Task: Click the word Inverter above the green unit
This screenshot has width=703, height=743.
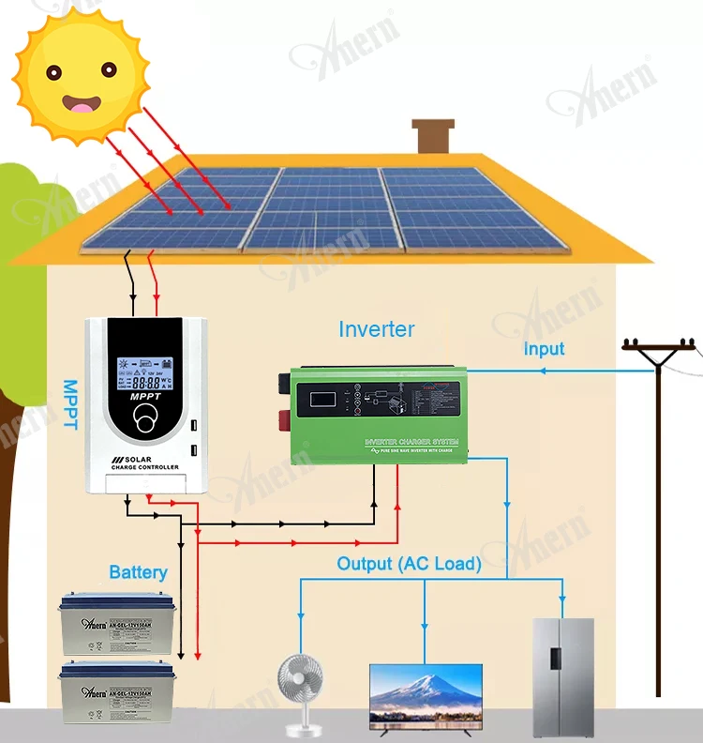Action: point(376,329)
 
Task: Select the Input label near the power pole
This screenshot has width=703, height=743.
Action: point(544,349)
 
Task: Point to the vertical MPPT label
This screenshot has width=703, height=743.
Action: point(69,404)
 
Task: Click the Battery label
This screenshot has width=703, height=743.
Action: point(138,571)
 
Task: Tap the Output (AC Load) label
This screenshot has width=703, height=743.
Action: point(409,564)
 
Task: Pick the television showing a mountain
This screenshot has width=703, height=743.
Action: point(426,693)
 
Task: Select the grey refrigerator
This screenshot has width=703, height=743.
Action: point(562,675)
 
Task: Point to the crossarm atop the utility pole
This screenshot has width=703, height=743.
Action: point(661,349)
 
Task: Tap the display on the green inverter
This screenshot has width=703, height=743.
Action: point(322,398)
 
